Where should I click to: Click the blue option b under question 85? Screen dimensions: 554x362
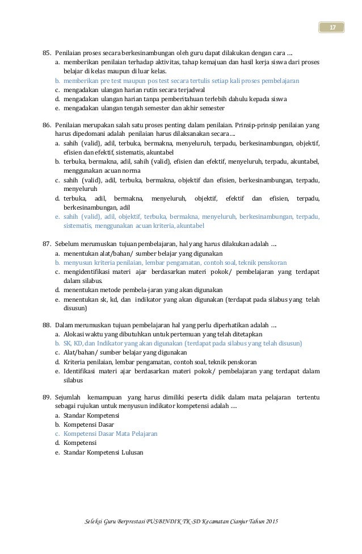point(181,81)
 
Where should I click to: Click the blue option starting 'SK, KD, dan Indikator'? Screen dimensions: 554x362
point(182,343)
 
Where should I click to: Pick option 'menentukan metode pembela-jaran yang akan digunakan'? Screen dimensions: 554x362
point(142,289)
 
